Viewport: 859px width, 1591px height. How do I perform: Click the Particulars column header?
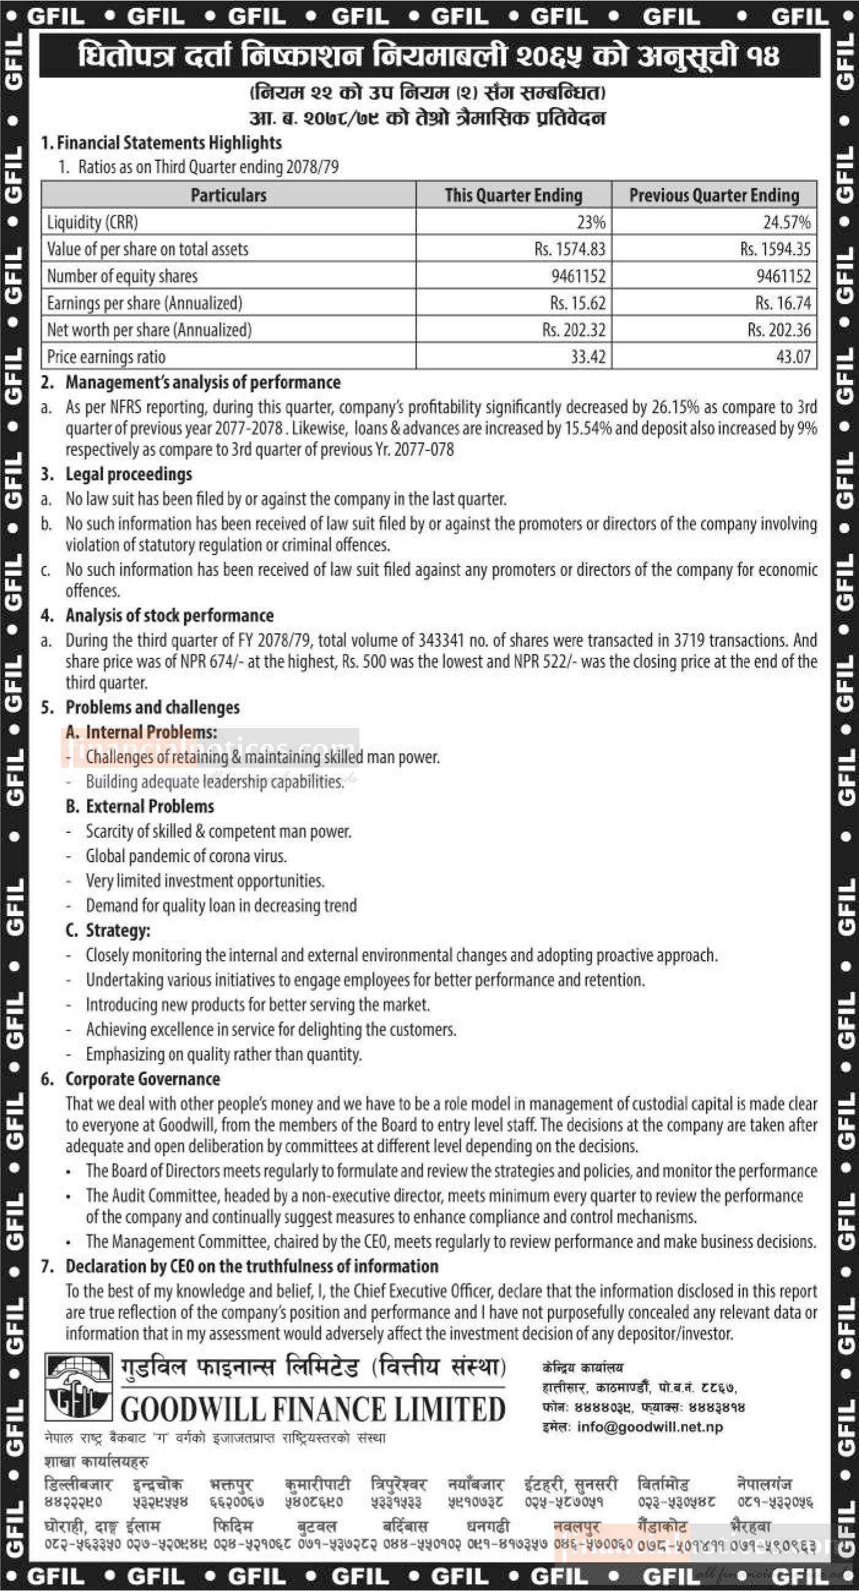click(x=228, y=195)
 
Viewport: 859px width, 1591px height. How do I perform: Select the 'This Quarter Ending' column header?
click(x=513, y=195)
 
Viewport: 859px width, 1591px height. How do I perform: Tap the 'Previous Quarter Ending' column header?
click(x=714, y=195)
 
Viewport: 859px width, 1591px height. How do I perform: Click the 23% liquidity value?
click(x=591, y=222)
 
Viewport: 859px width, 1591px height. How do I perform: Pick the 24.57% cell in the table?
click(x=786, y=222)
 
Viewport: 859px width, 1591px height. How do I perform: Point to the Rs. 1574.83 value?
click(x=570, y=250)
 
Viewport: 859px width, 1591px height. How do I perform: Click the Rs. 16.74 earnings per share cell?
click(x=782, y=304)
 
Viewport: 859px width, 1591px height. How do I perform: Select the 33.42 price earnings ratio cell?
click(x=587, y=357)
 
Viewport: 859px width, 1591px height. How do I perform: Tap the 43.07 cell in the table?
click(x=793, y=357)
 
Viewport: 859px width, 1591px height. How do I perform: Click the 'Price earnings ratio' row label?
click(x=107, y=357)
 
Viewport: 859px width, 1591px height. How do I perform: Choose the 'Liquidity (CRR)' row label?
click(x=92, y=222)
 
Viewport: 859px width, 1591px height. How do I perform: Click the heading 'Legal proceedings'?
click(x=129, y=474)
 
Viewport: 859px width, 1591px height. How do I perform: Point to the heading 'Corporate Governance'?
click(x=143, y=1079)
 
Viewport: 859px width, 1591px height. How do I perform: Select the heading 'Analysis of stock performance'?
click(x=170, y=615)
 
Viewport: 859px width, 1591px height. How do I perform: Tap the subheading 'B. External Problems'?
click(x=140, y=807)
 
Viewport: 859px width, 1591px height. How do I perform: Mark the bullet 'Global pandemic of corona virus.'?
click(x=186, y=856)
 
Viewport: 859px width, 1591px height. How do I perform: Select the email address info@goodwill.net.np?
click(x=650, y=1427)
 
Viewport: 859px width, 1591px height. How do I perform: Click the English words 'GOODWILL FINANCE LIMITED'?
click(x=313, y=1410)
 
